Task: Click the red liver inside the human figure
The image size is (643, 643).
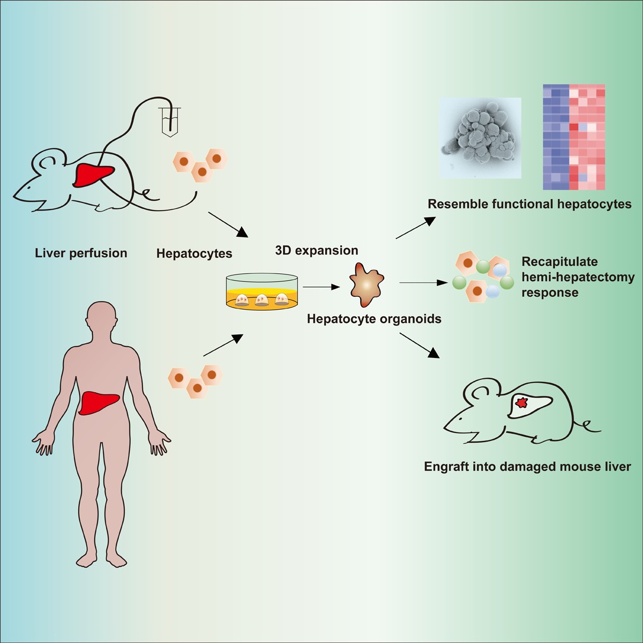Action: (99, 403)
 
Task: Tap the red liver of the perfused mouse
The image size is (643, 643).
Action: (93, 175)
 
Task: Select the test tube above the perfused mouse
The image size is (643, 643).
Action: (170, 121)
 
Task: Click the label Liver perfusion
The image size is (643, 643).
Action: (81, 253)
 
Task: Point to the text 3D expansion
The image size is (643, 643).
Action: (317, 250)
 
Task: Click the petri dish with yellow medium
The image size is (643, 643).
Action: (262, 291)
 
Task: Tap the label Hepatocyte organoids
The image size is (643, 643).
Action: (374, 319)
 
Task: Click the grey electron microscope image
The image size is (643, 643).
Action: (480, 138)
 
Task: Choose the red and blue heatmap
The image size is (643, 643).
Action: (574, 137)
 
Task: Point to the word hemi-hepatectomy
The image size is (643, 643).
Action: (578, 277)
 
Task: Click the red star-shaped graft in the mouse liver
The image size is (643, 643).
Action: (521, 403)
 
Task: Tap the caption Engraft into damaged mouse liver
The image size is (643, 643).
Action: (528, 466)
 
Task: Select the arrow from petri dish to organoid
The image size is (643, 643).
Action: (321, 287)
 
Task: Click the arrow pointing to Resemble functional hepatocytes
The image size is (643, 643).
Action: (416, 228)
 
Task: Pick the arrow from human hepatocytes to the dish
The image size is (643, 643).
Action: (223, 345)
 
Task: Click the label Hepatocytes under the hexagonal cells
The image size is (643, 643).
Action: (194, 253)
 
